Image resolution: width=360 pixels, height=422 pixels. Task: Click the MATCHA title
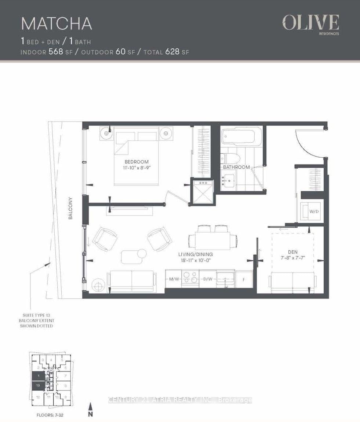pos(57,23)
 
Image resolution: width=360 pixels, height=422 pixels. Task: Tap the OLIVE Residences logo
pos(310,24)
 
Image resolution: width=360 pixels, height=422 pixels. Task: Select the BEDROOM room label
pos(137,162)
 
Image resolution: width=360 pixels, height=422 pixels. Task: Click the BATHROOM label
pos(236,167)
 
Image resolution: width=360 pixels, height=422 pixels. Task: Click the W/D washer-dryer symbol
pos(310,212)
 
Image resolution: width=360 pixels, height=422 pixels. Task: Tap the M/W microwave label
pos(174,279)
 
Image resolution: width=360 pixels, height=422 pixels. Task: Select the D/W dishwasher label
pos(207,279)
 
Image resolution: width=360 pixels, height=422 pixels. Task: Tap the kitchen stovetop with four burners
pos(190,278)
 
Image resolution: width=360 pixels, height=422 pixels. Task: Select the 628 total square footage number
pos(172,52)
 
